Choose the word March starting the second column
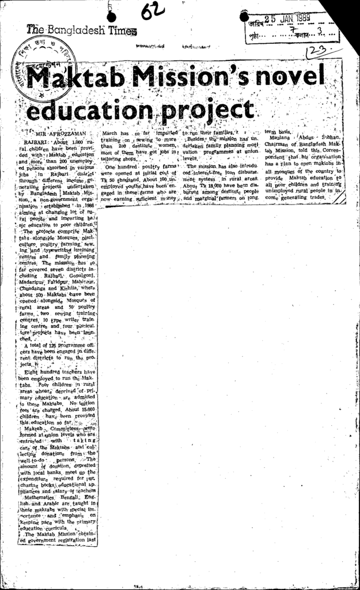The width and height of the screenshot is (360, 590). pyautogui.click(x=110, y=133)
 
